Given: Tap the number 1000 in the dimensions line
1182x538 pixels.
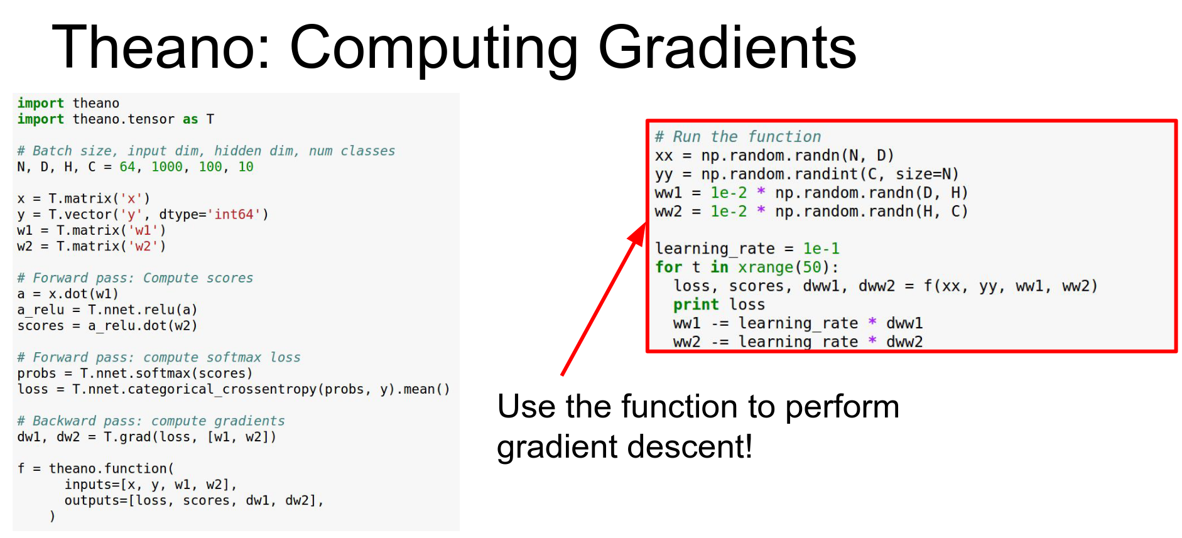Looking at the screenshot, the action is (x=167, y=167).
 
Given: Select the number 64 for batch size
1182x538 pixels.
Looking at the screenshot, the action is (x=127, y=167).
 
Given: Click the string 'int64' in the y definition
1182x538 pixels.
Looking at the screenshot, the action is (x=234, y=215).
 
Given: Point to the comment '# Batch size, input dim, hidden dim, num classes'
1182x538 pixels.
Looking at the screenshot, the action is (x=206, y=151).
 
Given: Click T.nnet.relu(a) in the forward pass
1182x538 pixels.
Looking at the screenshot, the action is (x=143, y=309).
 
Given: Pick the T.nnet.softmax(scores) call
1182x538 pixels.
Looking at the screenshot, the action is (x=166, y=374).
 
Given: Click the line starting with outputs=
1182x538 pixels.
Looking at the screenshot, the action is (x=194, y=500).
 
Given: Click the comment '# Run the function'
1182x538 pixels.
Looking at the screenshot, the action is (x=738, y=137).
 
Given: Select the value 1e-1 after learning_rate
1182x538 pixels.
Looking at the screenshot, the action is (x=821, y=249).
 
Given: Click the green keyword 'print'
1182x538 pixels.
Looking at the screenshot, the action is (x=696, y=304).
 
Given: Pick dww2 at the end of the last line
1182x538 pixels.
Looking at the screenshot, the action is (x=904, y=342).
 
